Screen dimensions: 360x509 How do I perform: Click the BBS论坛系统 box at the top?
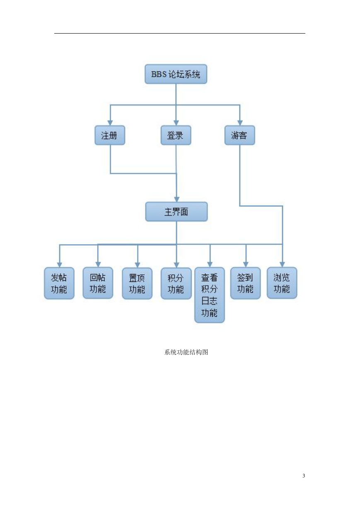(176, 74)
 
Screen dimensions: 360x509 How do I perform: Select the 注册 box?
(110, 135)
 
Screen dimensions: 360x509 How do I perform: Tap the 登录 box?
(176, 135)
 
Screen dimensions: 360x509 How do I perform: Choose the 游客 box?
(239, 135)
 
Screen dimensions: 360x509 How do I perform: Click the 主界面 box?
(176, 211)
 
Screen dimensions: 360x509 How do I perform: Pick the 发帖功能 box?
(59, 283)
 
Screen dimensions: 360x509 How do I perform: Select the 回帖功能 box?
(98, 283)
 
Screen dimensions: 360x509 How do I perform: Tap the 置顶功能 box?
(137, 284)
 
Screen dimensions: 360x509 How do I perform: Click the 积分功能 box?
(176, 284)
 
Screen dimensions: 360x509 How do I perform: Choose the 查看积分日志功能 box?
(210, 295)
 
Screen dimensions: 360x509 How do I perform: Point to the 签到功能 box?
(246, 283)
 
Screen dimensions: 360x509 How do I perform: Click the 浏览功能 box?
(282, 283)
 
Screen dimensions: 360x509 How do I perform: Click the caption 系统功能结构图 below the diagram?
(186, 352)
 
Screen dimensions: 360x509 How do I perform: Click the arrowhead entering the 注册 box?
(110, 123)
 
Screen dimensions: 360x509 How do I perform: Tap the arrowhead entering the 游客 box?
(240, 123)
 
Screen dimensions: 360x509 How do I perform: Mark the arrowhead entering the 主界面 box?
(177, 199)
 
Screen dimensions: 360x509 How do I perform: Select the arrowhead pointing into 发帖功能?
(60, 265)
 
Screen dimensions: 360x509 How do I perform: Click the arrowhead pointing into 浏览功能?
(282, 264)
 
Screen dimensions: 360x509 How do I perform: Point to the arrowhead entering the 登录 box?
(176, 123)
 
